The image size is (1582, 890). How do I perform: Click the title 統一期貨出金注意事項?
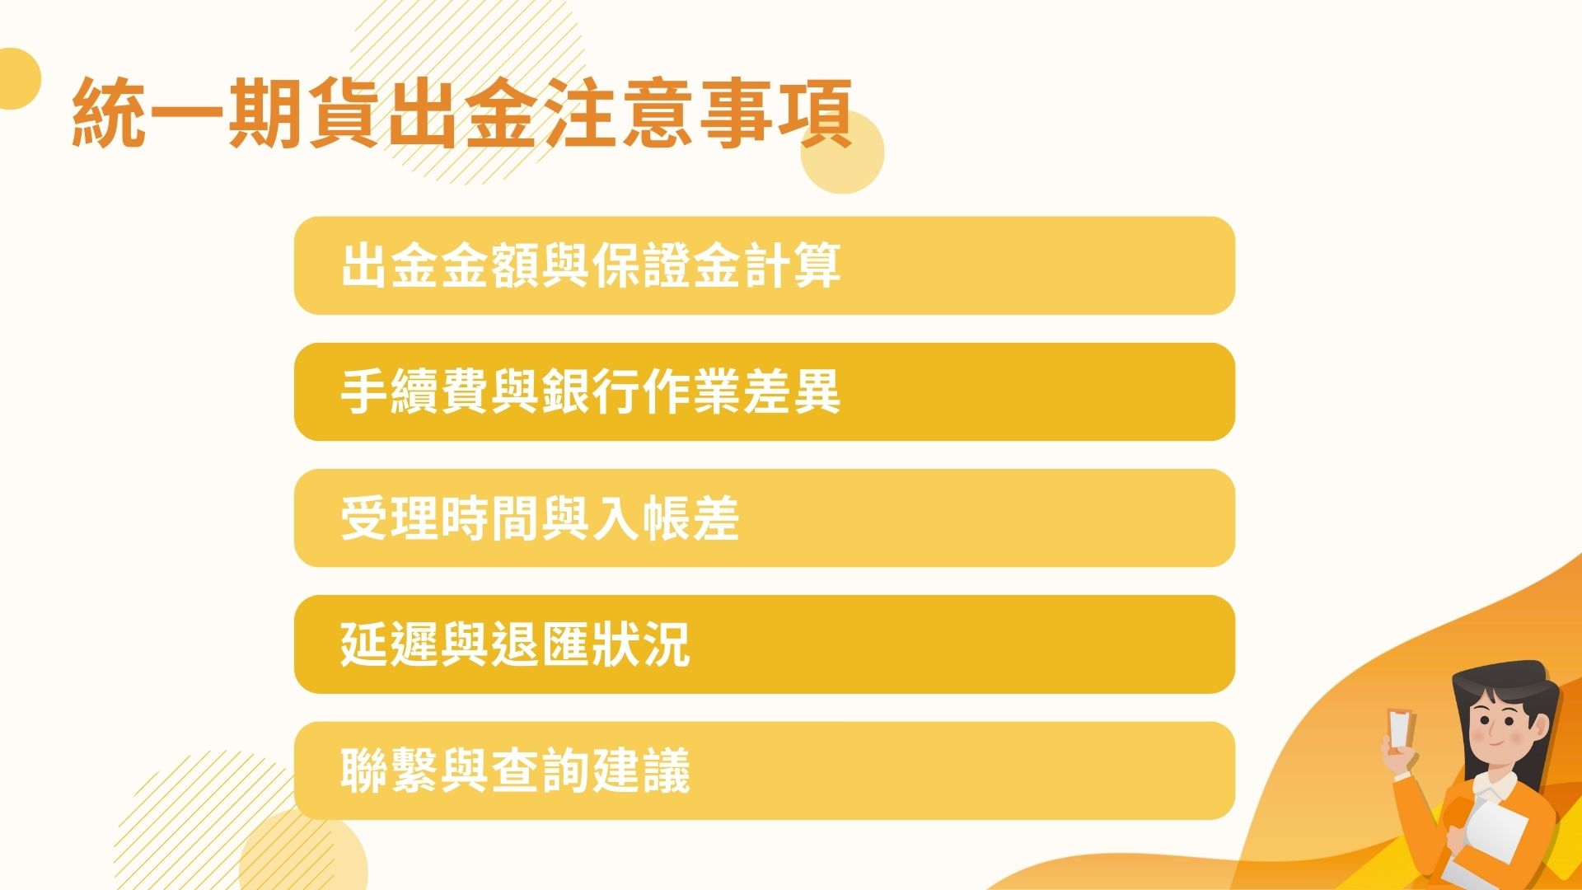click(x=461, y=114)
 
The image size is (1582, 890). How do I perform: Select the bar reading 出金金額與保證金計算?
click(x=764, y=265)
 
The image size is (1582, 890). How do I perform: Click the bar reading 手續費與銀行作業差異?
click(x=764, y=392)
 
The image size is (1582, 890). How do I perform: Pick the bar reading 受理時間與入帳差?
click(x=764, y=518)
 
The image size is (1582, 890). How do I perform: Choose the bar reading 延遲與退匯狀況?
click(x=764, y=644)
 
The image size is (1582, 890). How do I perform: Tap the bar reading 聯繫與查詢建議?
click(x=764, y=771)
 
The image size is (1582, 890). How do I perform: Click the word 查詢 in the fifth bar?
click(x=541, y=771)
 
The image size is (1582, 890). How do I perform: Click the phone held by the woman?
click(x=1401, y=729)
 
